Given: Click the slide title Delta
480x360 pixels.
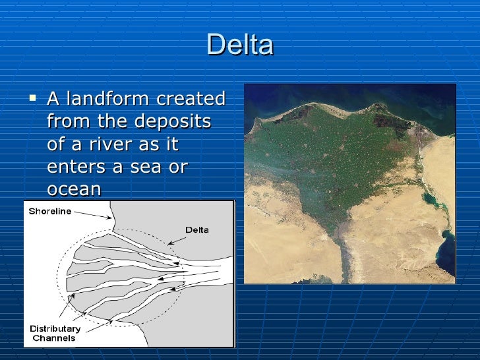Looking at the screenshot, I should click(x=239, y=45).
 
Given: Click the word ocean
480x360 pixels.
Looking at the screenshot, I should click(x=74, y=190).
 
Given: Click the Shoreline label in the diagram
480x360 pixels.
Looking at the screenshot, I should click(x=49, y=211).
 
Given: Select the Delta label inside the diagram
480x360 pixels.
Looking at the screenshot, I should click(x=196, y=230).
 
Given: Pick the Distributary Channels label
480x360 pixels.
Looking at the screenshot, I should click(x=55, y=333).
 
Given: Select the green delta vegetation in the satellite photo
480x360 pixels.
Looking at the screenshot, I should click(x=336, y=152).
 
